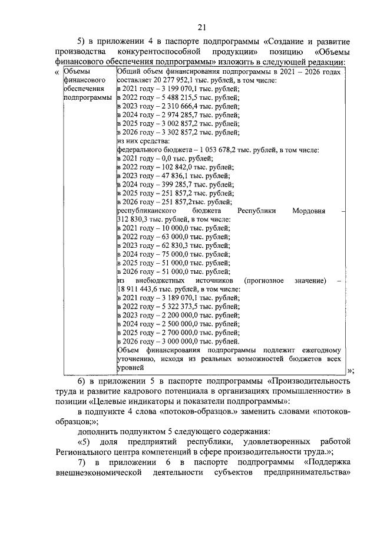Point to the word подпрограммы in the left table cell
click(87, 97)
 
